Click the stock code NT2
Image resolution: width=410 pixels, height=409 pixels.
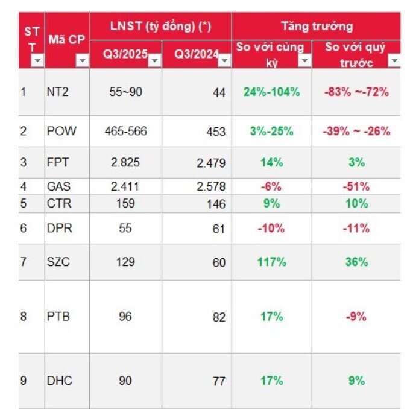pyautogui.click(x=58, y=93)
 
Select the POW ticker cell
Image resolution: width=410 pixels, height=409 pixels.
pyautogui.click(x=61, y=131)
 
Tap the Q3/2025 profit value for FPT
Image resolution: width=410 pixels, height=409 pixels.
pyautogui.click(x=125, y=163)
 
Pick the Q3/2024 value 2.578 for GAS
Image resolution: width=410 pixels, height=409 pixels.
pyautogui.click(x=211, y=187)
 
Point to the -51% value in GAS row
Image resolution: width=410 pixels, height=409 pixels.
pyautogui.click(x=356, y=187)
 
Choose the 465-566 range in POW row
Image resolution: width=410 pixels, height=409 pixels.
pyautogui.click(x=125, y=131)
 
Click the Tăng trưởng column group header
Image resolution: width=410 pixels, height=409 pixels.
pyautogui.click(x=317, y=26)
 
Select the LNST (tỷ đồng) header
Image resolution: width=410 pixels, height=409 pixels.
pyautogui.click(x=160, y=26)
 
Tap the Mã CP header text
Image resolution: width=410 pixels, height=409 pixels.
pyautogui.click(x=67, y=39)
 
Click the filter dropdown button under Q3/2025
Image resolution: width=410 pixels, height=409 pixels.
pyautogui.click(x=154, y=60)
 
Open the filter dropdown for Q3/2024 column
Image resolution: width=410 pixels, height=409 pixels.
pyautogui.click(x=224, y=60)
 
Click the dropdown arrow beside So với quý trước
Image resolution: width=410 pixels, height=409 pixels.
pyautogui.click(x=394, y=61)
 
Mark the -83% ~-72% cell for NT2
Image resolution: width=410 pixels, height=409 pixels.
pyautogui.click(x=356, y=92)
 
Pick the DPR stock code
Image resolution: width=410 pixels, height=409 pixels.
pyautogui.click(x=60, y=229)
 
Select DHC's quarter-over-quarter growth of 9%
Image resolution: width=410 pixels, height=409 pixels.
pyautogui.click(x=356, y=381)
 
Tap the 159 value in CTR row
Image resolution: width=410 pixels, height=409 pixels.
pyautogui.click(x=125, y=203)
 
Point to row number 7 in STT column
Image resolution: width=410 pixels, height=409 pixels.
pyautogui.click(x=24, y=262)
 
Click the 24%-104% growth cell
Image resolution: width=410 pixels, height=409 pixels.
pyautogui.click(x=271, y=92)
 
